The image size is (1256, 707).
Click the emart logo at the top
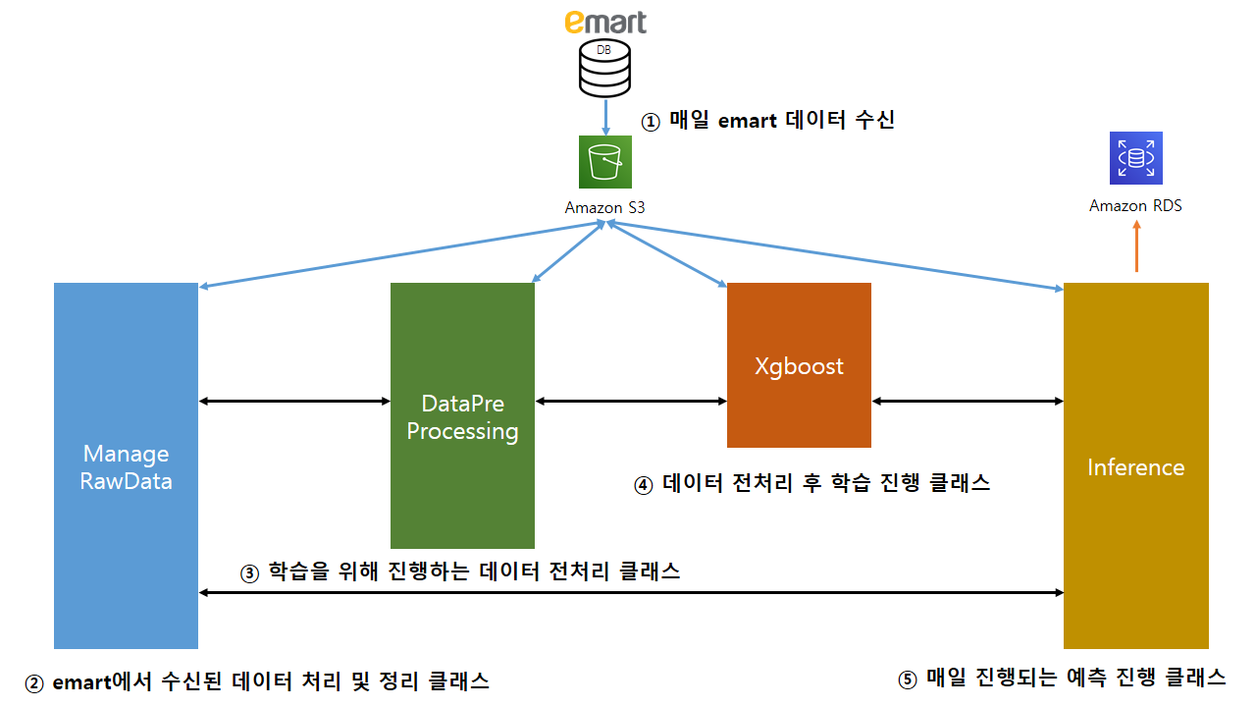(x=605, y=22)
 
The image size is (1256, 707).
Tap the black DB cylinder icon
(x=605, y=68)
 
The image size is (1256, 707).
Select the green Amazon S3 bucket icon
(x=605, y=161)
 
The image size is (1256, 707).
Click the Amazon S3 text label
(x=605, y=208)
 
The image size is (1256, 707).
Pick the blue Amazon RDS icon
(x=1136, y=158)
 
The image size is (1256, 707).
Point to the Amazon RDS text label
(x=1136, y=206)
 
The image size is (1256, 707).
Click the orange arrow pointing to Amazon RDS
(x=1136, y=245)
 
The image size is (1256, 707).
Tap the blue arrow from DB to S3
(x=605, y=116)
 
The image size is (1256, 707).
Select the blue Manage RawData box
(x=126, y=465)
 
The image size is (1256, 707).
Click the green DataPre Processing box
(x=462, y=415)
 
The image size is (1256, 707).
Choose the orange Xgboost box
(x=799, y=365)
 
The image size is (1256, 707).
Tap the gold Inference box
(x=1136, y=465)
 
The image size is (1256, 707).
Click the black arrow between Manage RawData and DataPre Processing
(x=294, y=401)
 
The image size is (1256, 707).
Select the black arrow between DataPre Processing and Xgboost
(x=631, y=401)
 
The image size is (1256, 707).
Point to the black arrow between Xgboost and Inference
(x=968, y=401)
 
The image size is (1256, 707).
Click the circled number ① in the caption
(x=652, y=122)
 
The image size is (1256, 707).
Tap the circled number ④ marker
(x=644, y=485)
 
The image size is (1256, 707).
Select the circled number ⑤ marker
(x=909, y=680)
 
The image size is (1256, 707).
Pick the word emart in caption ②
(x=82, y=681)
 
